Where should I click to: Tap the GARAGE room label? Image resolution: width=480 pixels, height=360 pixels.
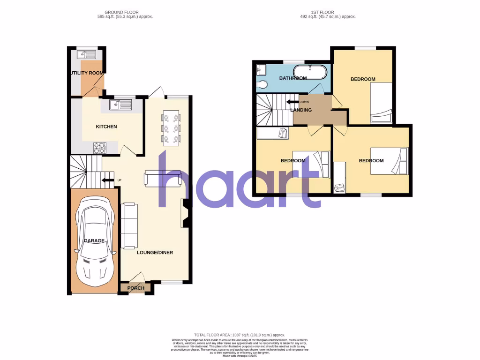point(94,240)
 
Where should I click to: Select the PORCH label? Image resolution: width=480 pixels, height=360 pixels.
point(136,288)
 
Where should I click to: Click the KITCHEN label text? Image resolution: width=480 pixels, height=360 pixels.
point(106,127)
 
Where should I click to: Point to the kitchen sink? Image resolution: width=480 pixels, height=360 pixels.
point(121,105)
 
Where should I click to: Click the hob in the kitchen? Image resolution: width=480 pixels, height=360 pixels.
point(99,148)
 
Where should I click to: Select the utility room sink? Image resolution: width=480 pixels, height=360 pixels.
point(87,54)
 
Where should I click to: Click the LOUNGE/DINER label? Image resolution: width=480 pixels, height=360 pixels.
point(155,252)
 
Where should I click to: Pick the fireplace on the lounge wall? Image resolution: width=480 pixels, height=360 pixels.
point(185,213)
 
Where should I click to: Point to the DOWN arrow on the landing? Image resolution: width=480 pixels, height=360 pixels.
point(294,102)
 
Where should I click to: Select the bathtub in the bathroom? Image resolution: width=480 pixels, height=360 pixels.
point(309,73)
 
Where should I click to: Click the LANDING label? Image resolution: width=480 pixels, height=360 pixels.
point(301,110)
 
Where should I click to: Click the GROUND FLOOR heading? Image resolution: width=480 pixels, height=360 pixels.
point(121,12)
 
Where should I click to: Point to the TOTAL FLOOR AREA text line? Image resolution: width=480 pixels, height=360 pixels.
point(240,335)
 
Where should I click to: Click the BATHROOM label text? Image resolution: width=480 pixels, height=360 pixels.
point(292,78)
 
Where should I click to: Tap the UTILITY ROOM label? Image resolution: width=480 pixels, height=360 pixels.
point(87,73)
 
